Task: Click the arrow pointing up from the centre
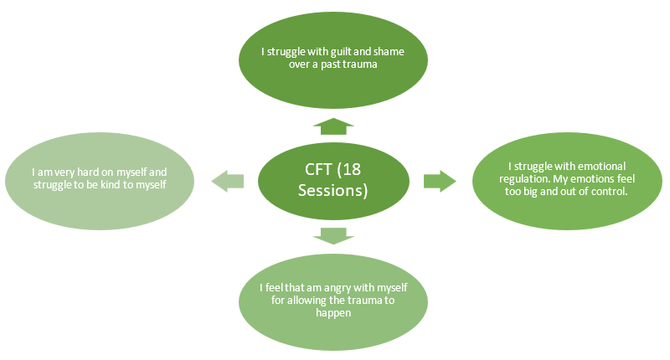[x=333, y=126]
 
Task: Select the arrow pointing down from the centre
[x=333, y=236]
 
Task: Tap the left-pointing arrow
[x=227, y=181]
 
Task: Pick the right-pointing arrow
[x=440, y=181]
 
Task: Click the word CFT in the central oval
[x=318, y=170]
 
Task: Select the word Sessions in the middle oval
[x=330, y=190]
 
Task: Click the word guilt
[x=342, y=52]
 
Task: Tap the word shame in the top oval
[x=389, y=52]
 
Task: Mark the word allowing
[x=307, y=301]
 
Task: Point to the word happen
[x=333, y=313]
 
